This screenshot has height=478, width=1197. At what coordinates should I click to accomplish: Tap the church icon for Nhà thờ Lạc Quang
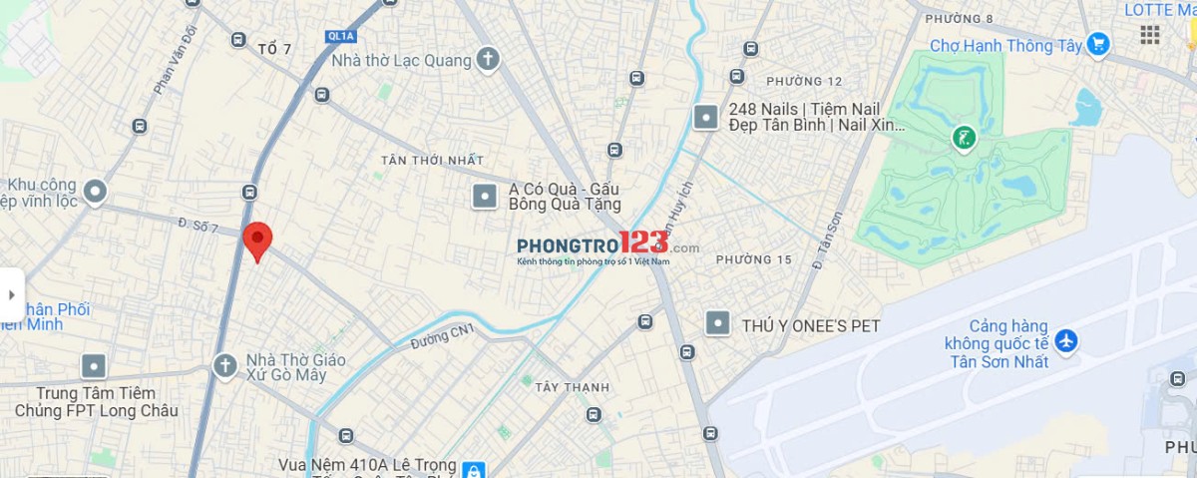pos(487,59)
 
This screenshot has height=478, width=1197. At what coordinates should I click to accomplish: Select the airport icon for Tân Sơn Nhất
pos(1066,341)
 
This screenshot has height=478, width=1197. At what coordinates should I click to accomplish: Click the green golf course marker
pos(964,138)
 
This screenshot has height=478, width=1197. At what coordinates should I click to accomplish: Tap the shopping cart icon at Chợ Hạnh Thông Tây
pos(1098,44)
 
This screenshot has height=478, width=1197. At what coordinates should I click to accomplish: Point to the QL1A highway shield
pos(340,36)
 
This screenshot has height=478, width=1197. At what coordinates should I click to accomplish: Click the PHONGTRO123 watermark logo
pos(607,245)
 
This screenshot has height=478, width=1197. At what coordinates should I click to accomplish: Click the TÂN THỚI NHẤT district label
pos(432,161)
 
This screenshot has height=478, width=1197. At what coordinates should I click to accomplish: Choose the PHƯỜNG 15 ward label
pos(753,259)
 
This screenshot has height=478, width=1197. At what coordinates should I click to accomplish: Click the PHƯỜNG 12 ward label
pos(804,81)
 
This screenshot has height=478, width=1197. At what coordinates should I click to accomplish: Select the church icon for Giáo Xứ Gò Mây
pos(224,365)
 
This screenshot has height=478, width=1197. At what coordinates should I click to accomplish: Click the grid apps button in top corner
pos(1150,35)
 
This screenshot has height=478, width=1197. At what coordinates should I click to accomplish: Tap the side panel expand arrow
pos(11,294)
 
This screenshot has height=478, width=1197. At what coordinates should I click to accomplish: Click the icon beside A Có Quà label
pos(484,196)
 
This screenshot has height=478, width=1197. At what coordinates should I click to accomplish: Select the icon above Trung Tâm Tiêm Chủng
pos(94,366)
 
